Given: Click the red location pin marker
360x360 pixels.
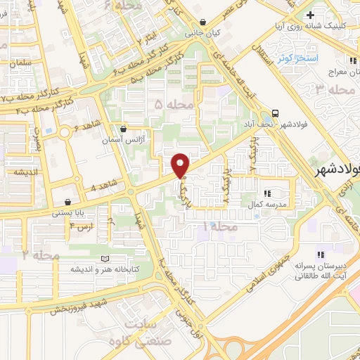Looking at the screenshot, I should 181,165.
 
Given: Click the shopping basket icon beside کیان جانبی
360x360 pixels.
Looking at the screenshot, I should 203,22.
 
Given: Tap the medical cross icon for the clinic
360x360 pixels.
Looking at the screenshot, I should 310,15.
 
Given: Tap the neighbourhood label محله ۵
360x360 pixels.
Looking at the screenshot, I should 168,105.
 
